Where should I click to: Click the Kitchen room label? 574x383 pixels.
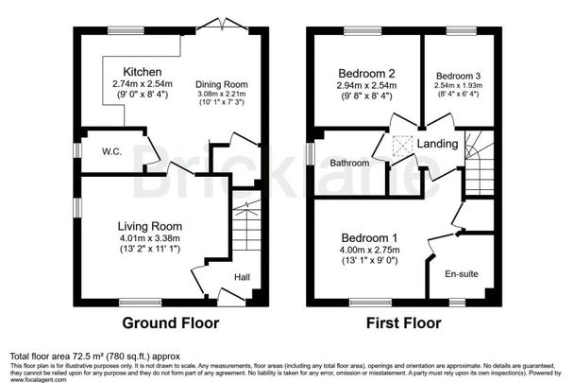[142, 72]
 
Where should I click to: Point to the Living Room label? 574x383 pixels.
[149, 226]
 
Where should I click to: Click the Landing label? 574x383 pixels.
[440, 144]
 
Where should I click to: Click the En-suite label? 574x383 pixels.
[460, 274]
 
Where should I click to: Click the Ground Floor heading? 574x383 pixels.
[172, 323]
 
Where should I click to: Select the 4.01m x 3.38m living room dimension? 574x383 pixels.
[149, 239]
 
